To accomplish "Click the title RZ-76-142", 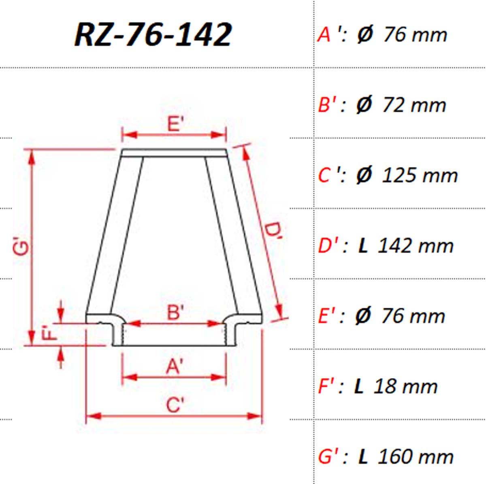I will pyautogui.click(x=153, y=35).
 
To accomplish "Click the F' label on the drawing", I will pyautogui.click(x=50, y=334).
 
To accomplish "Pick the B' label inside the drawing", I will pyautogui.click(x=175, y=313).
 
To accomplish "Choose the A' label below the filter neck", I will pyautogui.click(x=175, y=366).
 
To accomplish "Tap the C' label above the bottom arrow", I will pyautogui.click(x=175, y=405).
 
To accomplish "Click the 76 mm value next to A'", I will pyautogui.click(x=415, y=35).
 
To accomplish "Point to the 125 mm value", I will pyautogui.click(x=420, y=175).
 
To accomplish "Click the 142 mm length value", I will pyautogui.click(x=415, y=246).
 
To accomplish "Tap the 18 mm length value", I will pyautogui.click(x=405, y=386).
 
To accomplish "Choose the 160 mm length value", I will pyautogui.click(x=416, y=457).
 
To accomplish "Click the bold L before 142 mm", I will pyautogui.click(x=363, y=246).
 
